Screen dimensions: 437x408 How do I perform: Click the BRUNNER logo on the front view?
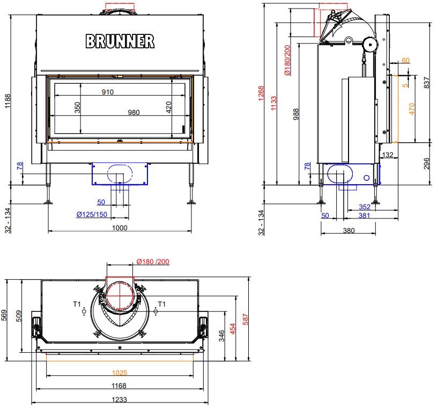pos(120,41)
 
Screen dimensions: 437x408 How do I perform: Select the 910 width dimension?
pos(108,92)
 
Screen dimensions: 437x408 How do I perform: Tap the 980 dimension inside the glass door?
pos(134,112)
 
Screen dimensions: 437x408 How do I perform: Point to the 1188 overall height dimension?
pos(8,101)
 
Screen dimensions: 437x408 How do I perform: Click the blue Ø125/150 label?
pos(92,214)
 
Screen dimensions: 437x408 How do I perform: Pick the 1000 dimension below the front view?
pos(120,228)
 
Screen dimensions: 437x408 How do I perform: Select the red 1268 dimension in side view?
pos(261,93)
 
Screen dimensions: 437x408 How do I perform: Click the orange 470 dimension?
pos(412,109)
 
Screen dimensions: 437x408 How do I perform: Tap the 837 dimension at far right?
pos(427,83)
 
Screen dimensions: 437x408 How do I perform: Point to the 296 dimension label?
pos(427,164)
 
